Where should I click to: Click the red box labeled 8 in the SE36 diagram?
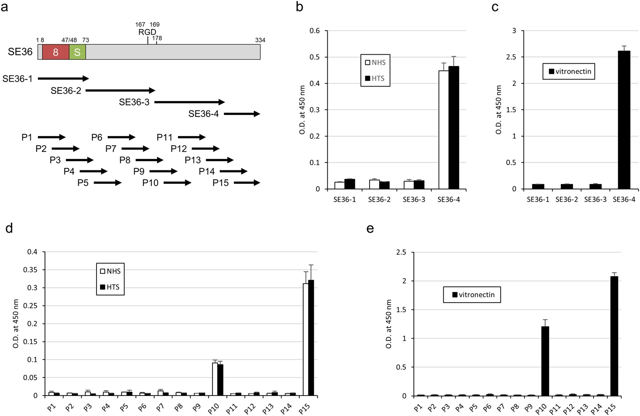pos(55,52)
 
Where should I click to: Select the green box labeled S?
pos(77,52)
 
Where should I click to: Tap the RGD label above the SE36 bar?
pos(147,32)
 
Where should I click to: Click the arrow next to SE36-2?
pos(120,90)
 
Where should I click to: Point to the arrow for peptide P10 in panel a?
pos(177,183)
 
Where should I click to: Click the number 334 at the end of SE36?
pos(260,40)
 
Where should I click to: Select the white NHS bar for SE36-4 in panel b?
pos(444,130)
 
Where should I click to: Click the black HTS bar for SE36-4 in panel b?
pos(454,128)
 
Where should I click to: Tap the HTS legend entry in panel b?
pos(375,78)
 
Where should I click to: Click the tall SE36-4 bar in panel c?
pos(624,120)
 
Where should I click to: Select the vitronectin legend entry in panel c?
pos(569,71)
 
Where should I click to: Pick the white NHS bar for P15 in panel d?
pos(306,340)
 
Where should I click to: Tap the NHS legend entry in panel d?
pos(111,271)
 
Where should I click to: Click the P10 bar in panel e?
pos(545,361)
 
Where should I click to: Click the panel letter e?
pos(370,229)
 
